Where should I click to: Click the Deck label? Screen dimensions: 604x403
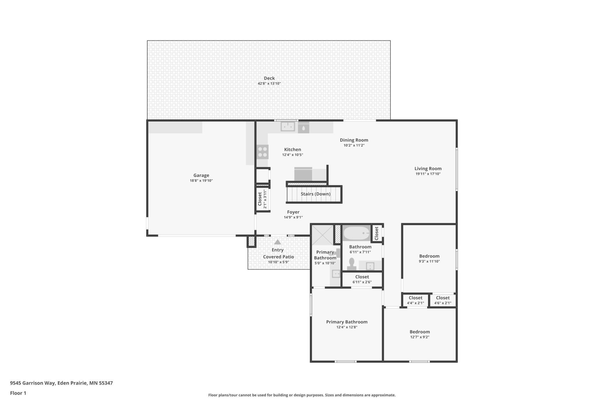coord(269,78)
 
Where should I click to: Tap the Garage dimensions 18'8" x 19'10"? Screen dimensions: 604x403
coord(201,181)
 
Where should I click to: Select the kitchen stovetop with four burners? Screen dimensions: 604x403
coord(263,152)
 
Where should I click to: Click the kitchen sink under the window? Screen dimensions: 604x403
coord(288,126)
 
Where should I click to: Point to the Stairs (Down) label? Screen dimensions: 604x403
coord(316,194)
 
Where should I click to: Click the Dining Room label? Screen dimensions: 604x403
coord(354,140)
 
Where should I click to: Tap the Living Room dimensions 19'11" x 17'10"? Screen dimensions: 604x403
coord(428,174)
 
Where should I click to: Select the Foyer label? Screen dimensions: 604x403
coord(293,212)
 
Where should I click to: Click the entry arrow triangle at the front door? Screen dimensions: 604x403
coord(278,242)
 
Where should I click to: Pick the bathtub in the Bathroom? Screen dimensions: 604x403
coord(357,233)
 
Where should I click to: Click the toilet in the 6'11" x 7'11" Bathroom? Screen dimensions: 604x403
coord(352,264)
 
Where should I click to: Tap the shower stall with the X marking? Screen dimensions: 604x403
coord(322,235)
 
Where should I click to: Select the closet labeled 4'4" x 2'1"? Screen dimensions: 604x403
coord(416,300)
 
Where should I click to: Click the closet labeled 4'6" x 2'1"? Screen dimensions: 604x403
coord(443,300)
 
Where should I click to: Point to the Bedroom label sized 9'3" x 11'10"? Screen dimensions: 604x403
coord(429,256)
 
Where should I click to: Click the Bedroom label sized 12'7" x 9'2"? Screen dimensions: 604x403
coord(420,332)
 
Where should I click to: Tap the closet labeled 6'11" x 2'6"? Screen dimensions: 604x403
coord(362,279)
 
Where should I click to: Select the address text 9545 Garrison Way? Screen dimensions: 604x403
coord(33,383)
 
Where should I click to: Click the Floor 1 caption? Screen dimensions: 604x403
coord(18,393)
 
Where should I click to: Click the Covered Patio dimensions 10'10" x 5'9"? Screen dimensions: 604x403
coord(278,262)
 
